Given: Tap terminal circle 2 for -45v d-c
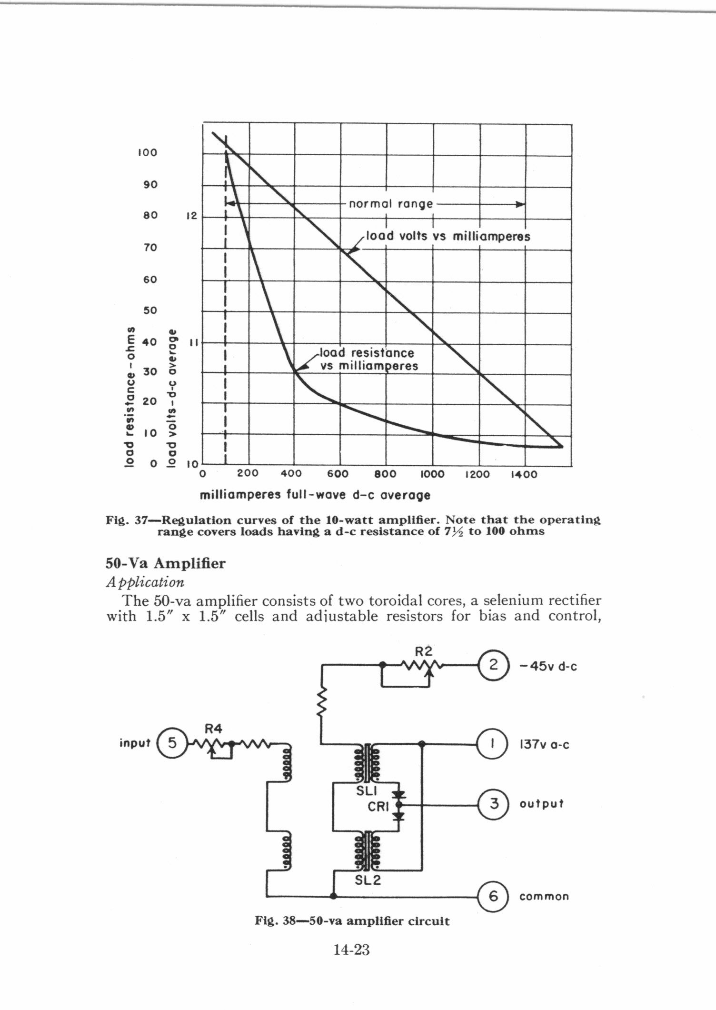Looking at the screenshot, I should tap(493, 665).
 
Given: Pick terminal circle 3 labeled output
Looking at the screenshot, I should tap(493, 804).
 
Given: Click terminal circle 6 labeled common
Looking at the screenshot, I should tap(493, 896).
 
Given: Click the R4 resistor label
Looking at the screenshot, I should tap(213, 729).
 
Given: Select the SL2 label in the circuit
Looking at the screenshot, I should tap(368, 880).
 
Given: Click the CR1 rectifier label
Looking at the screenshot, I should tap(379, 807).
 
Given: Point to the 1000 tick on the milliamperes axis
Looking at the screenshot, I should tap(432, 474).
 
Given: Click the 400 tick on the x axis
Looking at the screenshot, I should tap(291, 474).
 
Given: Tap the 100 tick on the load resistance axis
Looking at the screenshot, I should tap(147, 153).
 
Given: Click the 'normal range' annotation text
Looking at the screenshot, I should tap(391, 204).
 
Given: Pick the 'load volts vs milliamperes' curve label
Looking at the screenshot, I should tap(447, 236).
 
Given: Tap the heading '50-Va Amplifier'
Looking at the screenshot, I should tap(165, 563).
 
